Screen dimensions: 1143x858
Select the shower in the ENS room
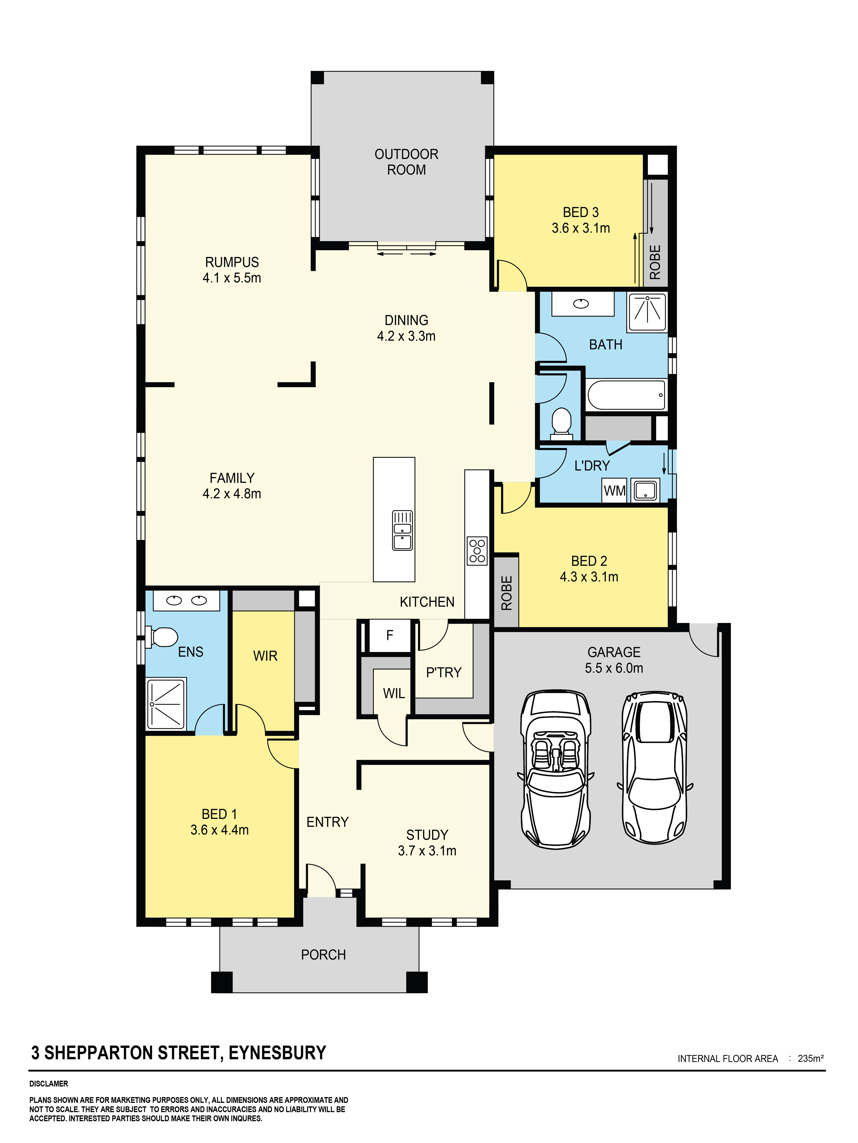point(166,704)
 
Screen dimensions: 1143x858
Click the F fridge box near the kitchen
point(390,635)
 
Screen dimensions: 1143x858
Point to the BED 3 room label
point(580,212)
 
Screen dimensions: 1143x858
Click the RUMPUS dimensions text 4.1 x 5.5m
point(232,278)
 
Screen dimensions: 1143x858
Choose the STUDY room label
point(427,835)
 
